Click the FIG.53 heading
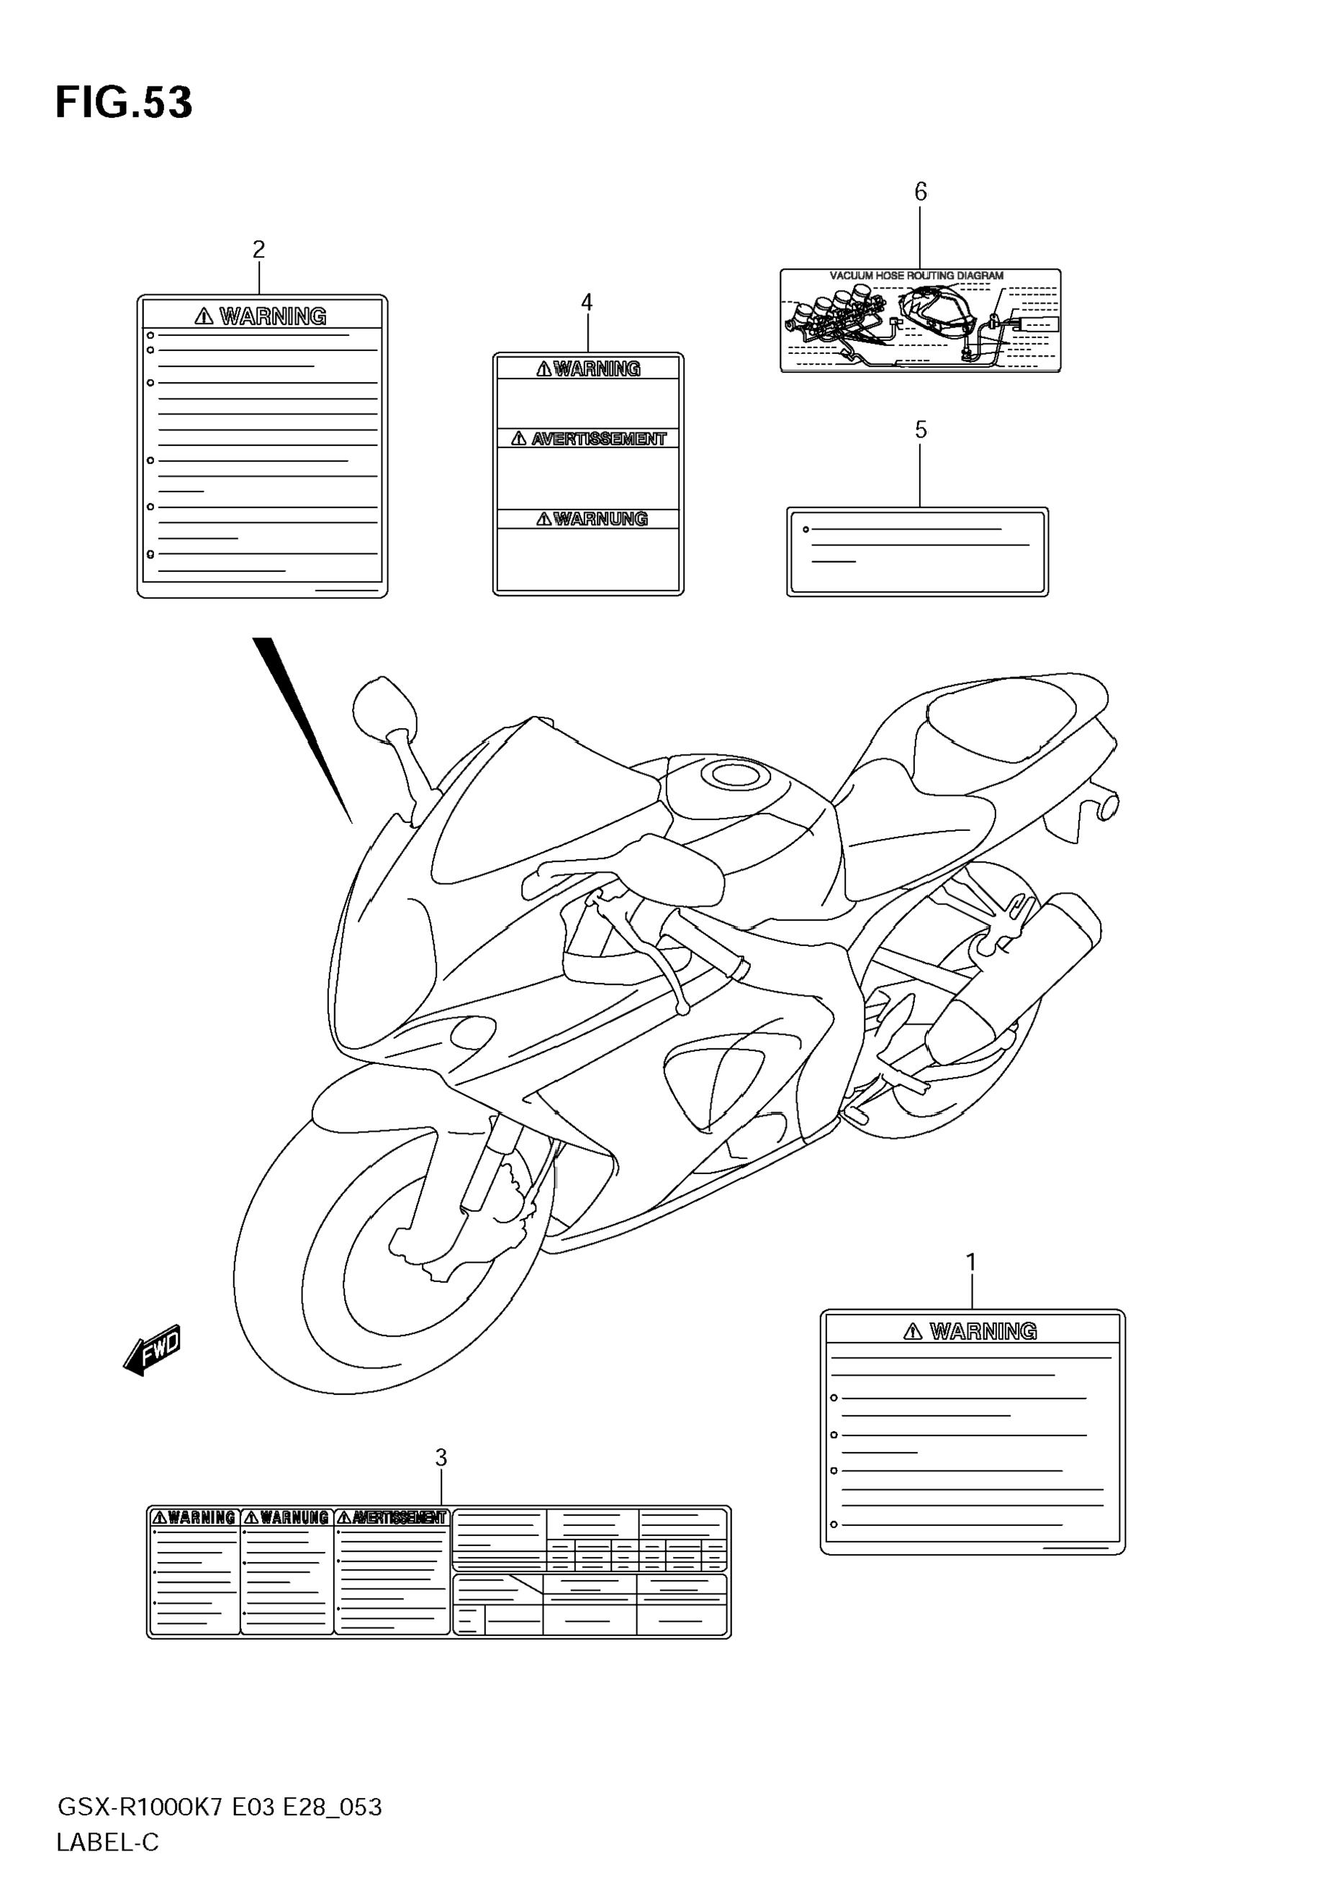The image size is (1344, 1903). [124, 103]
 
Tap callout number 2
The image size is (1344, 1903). [258, 249]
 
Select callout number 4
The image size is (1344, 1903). [587, 302]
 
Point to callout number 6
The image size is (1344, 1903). [920, 192]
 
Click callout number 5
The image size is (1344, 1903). [920, 430]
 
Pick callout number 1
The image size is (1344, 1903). [971, 1263]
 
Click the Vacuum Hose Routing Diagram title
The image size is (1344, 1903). [916, 276]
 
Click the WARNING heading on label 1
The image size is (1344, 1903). [983, 1331]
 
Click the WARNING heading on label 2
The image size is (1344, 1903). [273, 317]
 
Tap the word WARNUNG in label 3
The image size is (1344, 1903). [294, 1517]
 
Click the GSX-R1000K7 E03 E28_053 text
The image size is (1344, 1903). [219, 1807]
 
